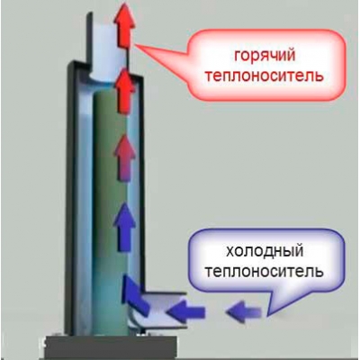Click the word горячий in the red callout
click(265, 56)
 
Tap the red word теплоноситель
click(265, 75)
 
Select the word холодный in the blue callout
click(264, 252)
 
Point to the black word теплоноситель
click(264, 272)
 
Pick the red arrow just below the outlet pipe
click(124, 90)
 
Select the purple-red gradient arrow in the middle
click(124, 158)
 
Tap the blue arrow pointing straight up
click(124, 227)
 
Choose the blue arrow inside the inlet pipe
click(186, 311)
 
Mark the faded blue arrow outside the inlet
click(244, 312)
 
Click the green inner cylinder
click(110, 210)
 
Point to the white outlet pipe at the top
click(108, 45)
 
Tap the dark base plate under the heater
click(108, 347)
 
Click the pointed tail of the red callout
click(135, 46)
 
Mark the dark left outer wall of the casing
click(70, 198)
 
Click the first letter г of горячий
click(238, 56)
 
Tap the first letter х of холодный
click(229, 251)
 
